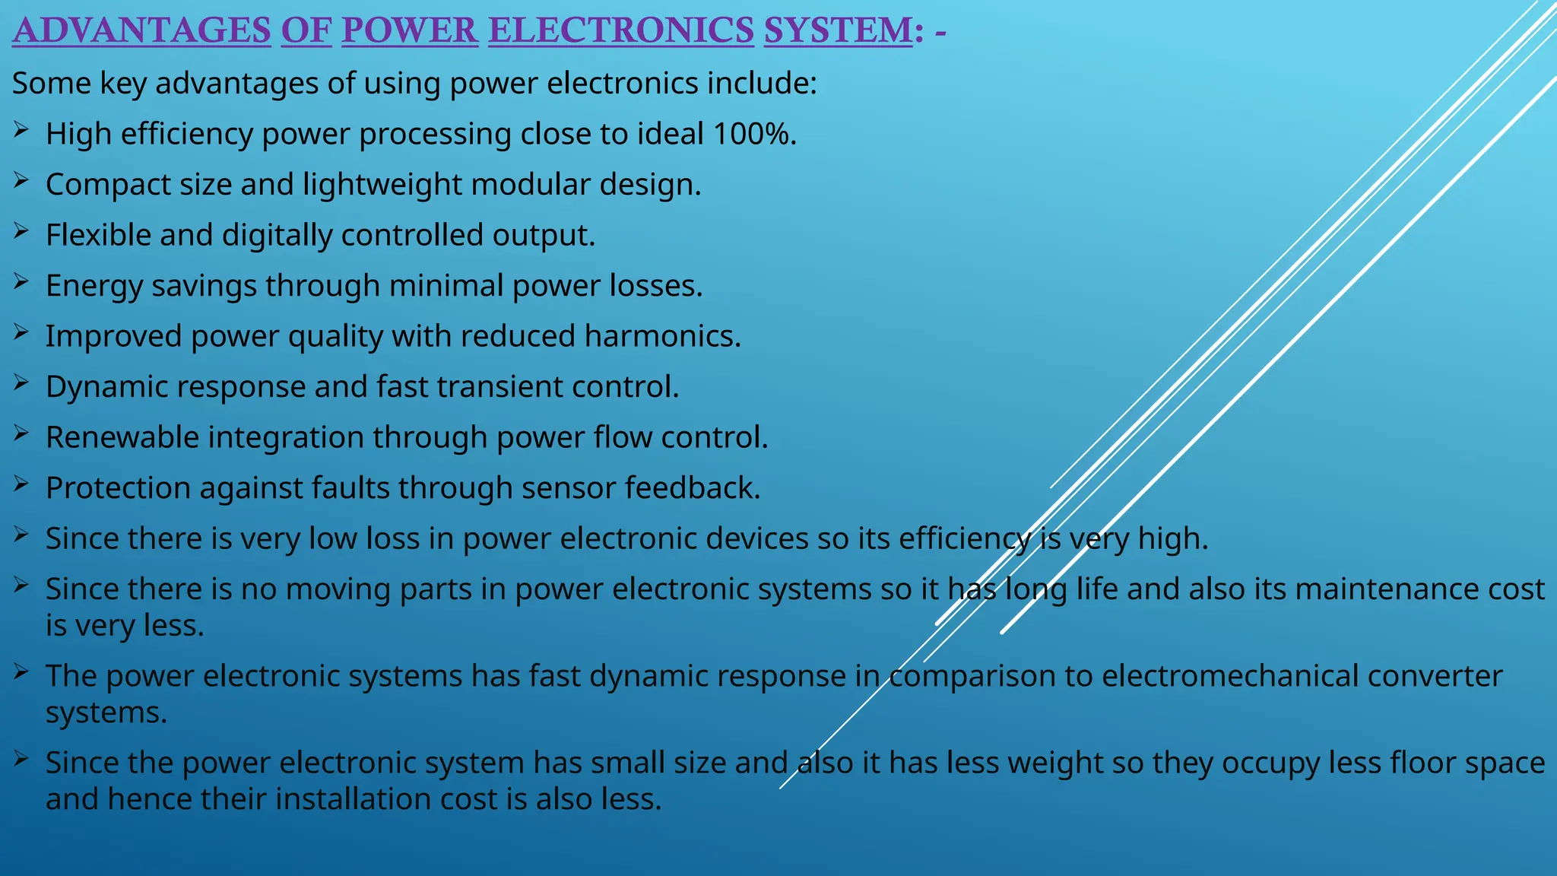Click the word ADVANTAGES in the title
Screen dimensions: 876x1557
(x=141, y=30)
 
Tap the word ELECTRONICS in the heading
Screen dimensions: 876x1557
(x=620, y=30)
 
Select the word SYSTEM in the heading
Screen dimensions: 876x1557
(x=838, y=30)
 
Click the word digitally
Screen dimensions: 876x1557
(x=277, y=236)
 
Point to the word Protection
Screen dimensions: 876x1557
(x=118, y=488)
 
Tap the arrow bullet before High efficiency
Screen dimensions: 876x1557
(x=21, y=131)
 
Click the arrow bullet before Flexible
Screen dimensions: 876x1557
(x=21, y=232)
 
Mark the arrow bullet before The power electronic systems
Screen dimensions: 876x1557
(x=21, y=672)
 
